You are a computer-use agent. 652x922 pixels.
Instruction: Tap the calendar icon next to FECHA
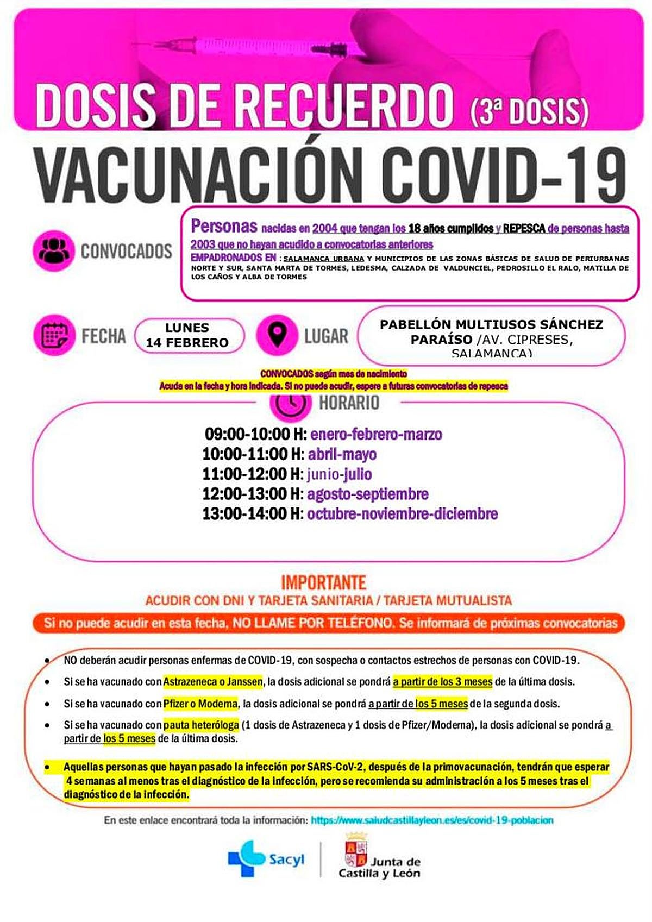(54, 335)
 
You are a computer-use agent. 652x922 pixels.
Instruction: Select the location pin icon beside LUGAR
(277, 334)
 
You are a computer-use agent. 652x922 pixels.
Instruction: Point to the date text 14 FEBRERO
(187, 343)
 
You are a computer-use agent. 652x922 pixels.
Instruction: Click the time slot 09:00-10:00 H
(255, 434)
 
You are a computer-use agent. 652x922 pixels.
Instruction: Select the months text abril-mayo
(342, 454)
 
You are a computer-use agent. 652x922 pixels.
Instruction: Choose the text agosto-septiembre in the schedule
(368, 494)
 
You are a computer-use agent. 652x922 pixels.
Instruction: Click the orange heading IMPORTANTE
(324, 583)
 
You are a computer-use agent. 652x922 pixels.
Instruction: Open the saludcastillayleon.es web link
(432, 820)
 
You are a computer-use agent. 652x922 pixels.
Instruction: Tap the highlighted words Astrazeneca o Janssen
(213, 681)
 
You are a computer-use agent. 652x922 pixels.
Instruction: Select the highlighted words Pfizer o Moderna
(200, 704)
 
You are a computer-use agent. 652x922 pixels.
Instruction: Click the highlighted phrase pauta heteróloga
(201, 725)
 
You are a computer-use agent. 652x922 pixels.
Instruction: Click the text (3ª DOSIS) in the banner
(528, 109)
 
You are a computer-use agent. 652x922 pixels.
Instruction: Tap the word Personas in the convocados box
(224, 226)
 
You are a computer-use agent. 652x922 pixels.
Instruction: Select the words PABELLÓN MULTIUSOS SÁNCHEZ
(491, 324)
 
